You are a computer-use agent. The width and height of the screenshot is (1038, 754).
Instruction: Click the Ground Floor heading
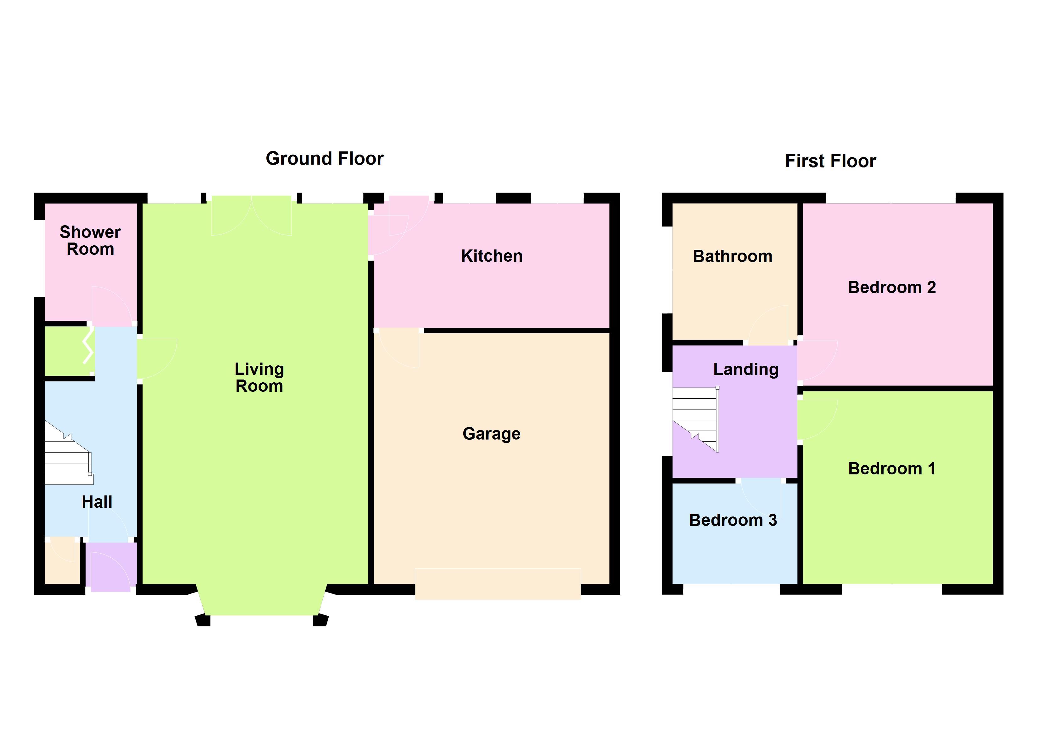pos(325,159)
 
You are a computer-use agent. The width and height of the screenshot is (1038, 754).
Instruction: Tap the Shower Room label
pos(90,241)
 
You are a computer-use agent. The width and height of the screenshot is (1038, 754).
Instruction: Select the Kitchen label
pos(492,256)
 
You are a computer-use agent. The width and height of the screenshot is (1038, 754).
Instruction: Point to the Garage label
pos(492,434)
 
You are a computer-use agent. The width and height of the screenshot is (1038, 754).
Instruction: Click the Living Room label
pos(259,378)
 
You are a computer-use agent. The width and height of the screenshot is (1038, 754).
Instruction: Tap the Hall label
pos(97,502)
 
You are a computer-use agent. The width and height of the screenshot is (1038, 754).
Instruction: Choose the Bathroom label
pos(733,256)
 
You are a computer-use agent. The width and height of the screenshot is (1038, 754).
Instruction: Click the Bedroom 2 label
pos(892,287)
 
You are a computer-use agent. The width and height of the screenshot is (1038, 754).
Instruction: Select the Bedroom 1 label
pos(892,469)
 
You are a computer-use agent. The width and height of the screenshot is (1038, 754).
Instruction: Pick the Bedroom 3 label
pos(733,520)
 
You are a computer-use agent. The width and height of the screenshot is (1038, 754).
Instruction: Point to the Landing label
pos(746,369)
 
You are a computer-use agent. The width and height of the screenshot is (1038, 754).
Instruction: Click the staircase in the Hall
pos(69,453)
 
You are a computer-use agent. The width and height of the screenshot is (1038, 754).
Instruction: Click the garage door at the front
pos(498,584)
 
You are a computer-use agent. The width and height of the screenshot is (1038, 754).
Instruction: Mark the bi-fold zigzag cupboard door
pos(88,347)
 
